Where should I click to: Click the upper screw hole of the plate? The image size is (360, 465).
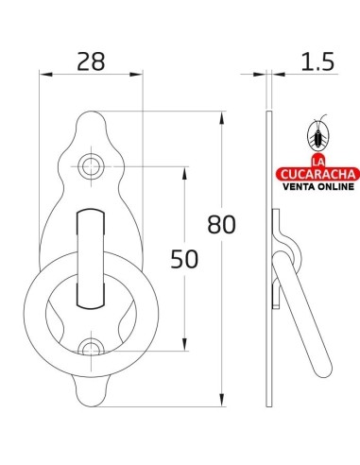91,167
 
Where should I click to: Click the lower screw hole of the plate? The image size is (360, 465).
91,349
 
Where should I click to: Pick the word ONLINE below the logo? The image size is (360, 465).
334,187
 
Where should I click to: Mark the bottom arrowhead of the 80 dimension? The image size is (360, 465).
223,401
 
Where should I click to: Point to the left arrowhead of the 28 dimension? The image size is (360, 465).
43,77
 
